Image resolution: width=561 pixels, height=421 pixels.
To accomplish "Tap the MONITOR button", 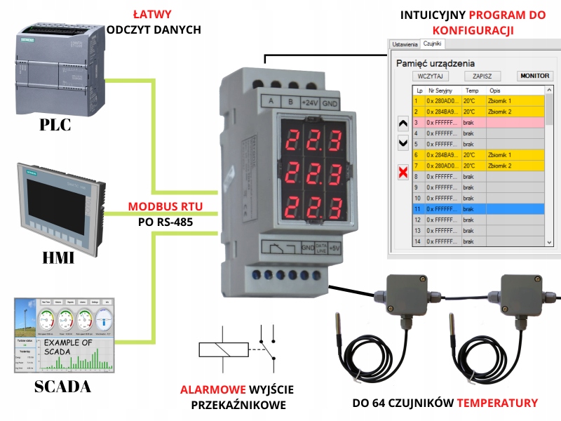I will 534,76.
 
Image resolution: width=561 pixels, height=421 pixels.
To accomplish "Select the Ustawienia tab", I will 405,44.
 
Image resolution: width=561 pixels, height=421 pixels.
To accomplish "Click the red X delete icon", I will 403,173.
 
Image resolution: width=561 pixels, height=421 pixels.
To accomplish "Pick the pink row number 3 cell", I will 419,122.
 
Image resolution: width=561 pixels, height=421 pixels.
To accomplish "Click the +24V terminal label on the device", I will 309,102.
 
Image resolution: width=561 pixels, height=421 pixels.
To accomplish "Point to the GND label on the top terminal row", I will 330,102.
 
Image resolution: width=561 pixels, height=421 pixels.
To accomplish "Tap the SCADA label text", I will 62,387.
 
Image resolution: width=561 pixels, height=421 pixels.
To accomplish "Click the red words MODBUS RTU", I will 165,207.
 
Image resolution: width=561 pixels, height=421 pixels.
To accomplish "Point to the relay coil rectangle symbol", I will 222,349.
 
